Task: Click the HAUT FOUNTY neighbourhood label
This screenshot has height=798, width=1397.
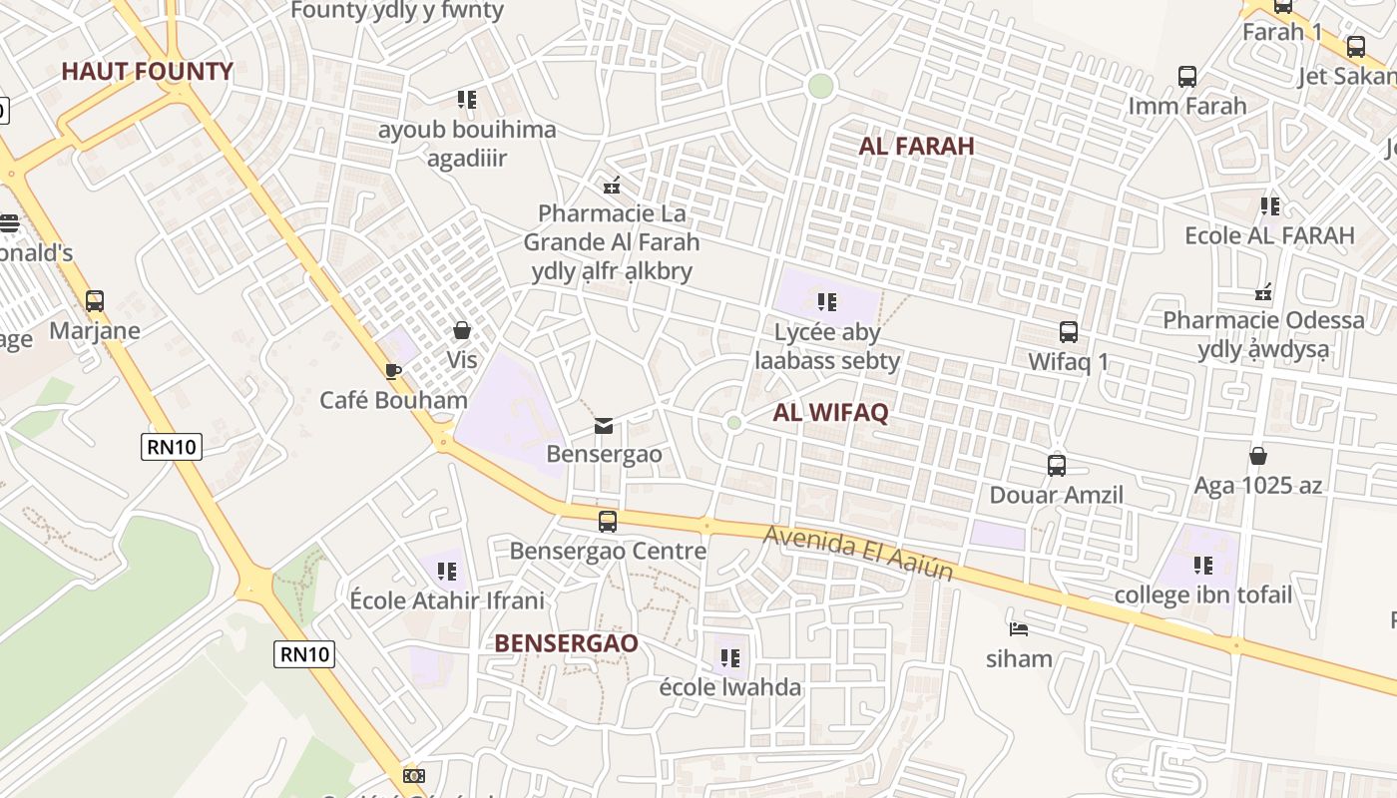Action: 147,71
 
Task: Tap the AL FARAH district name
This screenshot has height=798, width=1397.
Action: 916,146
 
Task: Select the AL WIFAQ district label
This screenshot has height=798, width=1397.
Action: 830,412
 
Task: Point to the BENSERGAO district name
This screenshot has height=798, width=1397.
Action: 566,643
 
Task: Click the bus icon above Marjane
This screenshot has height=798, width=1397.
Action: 95,300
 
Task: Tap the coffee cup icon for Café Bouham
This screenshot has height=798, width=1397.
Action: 393,372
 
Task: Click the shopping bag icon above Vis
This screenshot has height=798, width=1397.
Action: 462,330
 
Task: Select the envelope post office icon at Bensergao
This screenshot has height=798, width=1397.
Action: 604,426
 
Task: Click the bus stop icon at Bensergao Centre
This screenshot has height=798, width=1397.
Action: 607,521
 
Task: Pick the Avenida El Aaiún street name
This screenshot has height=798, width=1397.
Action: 858,554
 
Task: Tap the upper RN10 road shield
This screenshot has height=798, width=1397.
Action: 172,446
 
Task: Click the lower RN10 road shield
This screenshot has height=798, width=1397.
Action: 304,654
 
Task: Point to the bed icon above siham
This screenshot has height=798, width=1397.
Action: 1019,629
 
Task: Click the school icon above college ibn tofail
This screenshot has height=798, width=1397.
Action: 1203,566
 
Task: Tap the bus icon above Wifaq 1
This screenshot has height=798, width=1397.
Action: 1069,332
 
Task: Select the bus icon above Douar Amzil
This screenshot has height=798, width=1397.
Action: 1056,466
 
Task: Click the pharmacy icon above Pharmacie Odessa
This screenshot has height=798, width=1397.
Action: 1263,292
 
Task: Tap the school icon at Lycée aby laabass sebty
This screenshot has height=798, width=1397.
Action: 826,301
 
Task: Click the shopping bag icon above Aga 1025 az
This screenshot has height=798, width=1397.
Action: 1258,456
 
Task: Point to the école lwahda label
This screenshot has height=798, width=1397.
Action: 730,687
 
